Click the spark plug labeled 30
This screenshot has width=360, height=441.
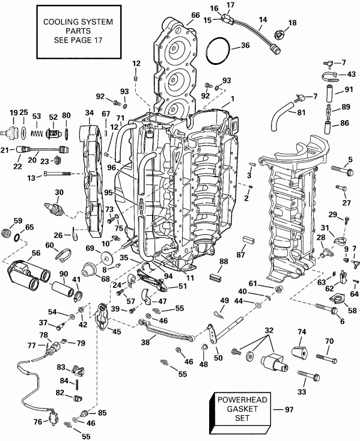pos(58,209)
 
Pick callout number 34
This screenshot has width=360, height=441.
pos(90,112)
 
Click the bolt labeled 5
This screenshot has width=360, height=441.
pos(337,171)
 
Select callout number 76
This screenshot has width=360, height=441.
pos(37,421)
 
